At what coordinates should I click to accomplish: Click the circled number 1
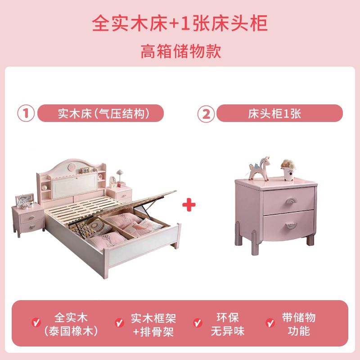coord(26,113)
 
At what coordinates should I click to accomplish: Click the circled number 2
coord(206,114)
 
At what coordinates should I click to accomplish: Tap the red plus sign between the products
coord(189,205)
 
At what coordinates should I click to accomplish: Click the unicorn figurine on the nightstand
coord(260,168)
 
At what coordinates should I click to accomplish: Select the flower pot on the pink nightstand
coord(288,170)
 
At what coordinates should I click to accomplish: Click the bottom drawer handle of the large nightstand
coord(291,226)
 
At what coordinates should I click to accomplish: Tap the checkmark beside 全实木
coord(36,322)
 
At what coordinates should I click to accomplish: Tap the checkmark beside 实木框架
coord(119,323)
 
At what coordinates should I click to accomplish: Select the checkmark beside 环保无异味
coord(198,323)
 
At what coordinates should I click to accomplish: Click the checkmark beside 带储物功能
coord(270,323)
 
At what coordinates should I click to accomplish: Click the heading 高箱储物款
coord(181,51)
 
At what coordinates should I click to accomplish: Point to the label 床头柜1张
coord(274,113)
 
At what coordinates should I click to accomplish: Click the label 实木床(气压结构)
coord(103,113)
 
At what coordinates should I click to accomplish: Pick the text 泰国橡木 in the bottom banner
coord(71,331)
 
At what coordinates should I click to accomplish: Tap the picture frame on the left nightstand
coord(24,200)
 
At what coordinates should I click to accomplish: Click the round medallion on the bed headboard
coord(72,166)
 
